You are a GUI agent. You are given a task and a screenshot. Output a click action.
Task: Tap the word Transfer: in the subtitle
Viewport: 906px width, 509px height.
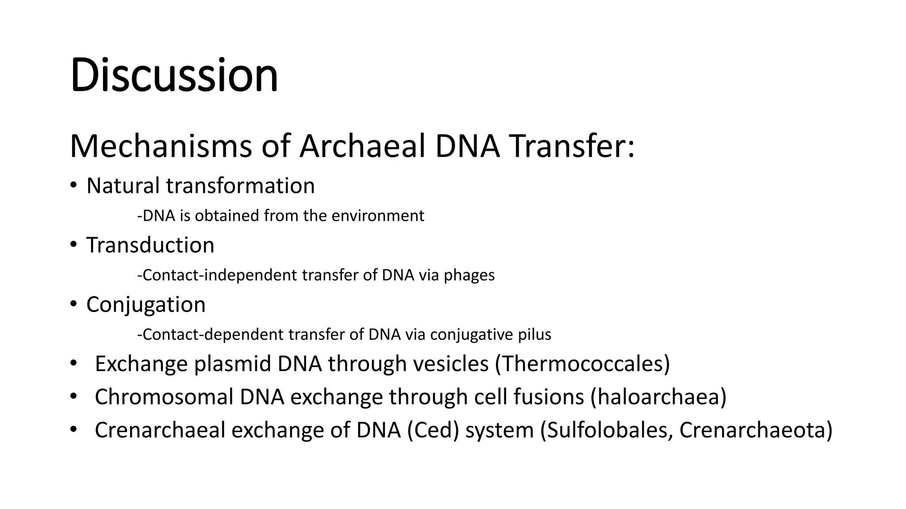tap(571, 146)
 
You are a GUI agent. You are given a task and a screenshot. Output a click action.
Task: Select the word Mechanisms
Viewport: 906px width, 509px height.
tap(161, 146)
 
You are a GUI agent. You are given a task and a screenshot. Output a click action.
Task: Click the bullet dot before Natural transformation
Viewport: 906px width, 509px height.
tap(73, 185)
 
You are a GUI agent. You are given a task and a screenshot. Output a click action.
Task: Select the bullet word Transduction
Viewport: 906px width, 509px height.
tap(150, 245)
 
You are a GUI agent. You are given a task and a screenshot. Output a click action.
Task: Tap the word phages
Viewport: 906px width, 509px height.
tap(469, 275)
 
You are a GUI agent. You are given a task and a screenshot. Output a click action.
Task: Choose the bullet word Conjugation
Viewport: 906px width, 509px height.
tap(146, 305)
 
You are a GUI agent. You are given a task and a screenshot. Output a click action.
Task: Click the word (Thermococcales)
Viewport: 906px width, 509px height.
tap(582, 364)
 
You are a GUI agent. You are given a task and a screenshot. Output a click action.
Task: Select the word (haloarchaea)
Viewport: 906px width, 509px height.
tap(658, 397)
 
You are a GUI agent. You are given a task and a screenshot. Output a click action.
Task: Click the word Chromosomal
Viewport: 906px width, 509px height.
tap(164, 397)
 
